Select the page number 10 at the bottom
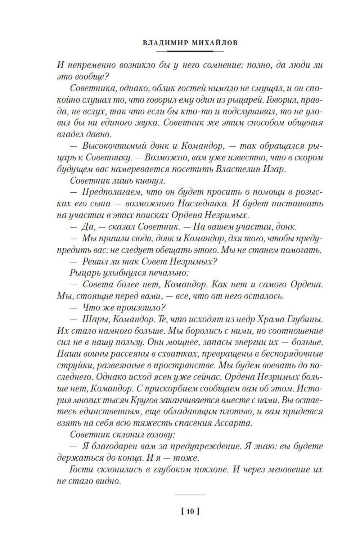click(190, 511)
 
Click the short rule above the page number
click(190, 495)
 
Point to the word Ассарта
click(231, 422)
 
